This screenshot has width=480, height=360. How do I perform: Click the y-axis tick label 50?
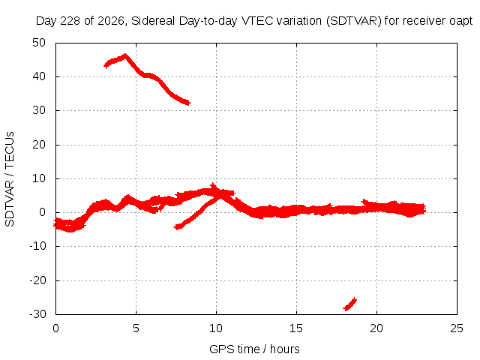click(39, 43)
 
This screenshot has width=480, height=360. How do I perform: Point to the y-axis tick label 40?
click(39, 76)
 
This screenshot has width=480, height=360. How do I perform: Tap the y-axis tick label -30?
click(38, 314)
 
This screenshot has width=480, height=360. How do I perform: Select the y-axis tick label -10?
click(38, 246)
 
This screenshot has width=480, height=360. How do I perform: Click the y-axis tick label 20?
click(39, 145)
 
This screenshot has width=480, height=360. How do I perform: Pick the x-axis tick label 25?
click(457, 328)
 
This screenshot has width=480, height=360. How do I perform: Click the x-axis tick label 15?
click(296, 328)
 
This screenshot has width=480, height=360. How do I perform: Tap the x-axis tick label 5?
click(136, 328)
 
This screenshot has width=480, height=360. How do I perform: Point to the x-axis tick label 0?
click(55, 328)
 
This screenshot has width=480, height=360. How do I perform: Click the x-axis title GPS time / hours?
click(254, 349)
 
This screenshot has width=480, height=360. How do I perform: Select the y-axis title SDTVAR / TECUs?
click(10, 179)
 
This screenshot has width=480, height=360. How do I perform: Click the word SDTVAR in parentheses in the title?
click(354, 21)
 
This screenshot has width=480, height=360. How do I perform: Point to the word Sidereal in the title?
click(153, 21)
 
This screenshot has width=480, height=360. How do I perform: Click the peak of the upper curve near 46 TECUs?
click(125, 55)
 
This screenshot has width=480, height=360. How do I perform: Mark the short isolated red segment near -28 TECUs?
click(350, 304)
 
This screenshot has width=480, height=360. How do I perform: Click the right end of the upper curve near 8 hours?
click(189, 103)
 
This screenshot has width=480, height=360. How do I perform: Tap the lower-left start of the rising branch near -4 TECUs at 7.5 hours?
click(175, 226)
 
